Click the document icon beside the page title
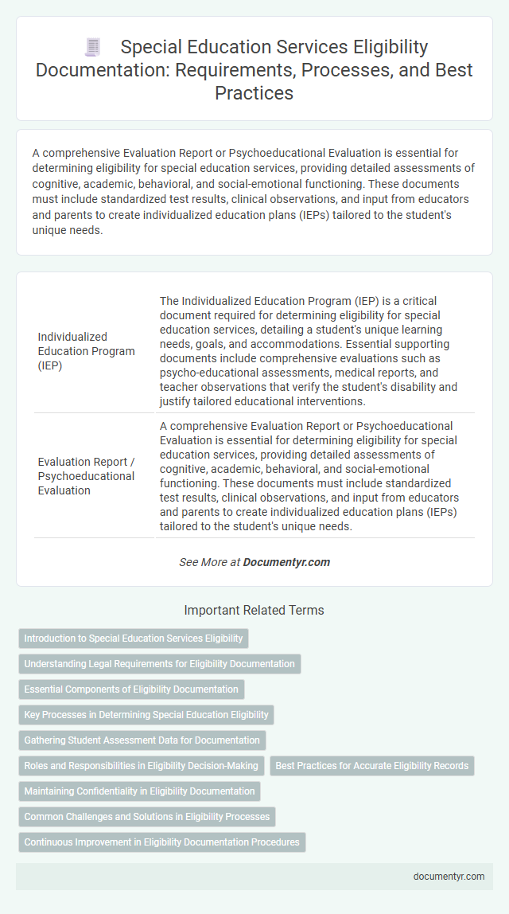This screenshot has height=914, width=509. (x=92, y=48)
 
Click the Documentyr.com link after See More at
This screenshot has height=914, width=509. (x=286, y=562)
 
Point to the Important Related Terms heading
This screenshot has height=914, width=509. (x=254, y=611)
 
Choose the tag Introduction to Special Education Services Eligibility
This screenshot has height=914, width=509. (x=133, y=639)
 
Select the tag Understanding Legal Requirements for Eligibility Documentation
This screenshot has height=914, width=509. (x=159, y=664)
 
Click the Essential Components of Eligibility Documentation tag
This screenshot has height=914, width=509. (x=131, y=689)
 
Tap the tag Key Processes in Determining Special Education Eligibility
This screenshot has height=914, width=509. (x=146, y=715)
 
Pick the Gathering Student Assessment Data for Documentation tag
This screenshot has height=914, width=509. (x=142, y=740)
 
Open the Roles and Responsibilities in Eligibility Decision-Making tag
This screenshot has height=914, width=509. (x=141, y=766)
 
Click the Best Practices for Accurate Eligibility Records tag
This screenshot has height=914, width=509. (x=372, y=766)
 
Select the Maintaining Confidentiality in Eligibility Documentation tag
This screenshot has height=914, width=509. (x=139, y=791)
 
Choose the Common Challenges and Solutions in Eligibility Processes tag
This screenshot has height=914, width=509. (x=147, y=817)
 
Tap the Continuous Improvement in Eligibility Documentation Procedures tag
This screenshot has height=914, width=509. (x=161, y=842)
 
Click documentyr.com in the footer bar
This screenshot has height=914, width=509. (x=449, y=876)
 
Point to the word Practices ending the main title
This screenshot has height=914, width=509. (x=254, y=92)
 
